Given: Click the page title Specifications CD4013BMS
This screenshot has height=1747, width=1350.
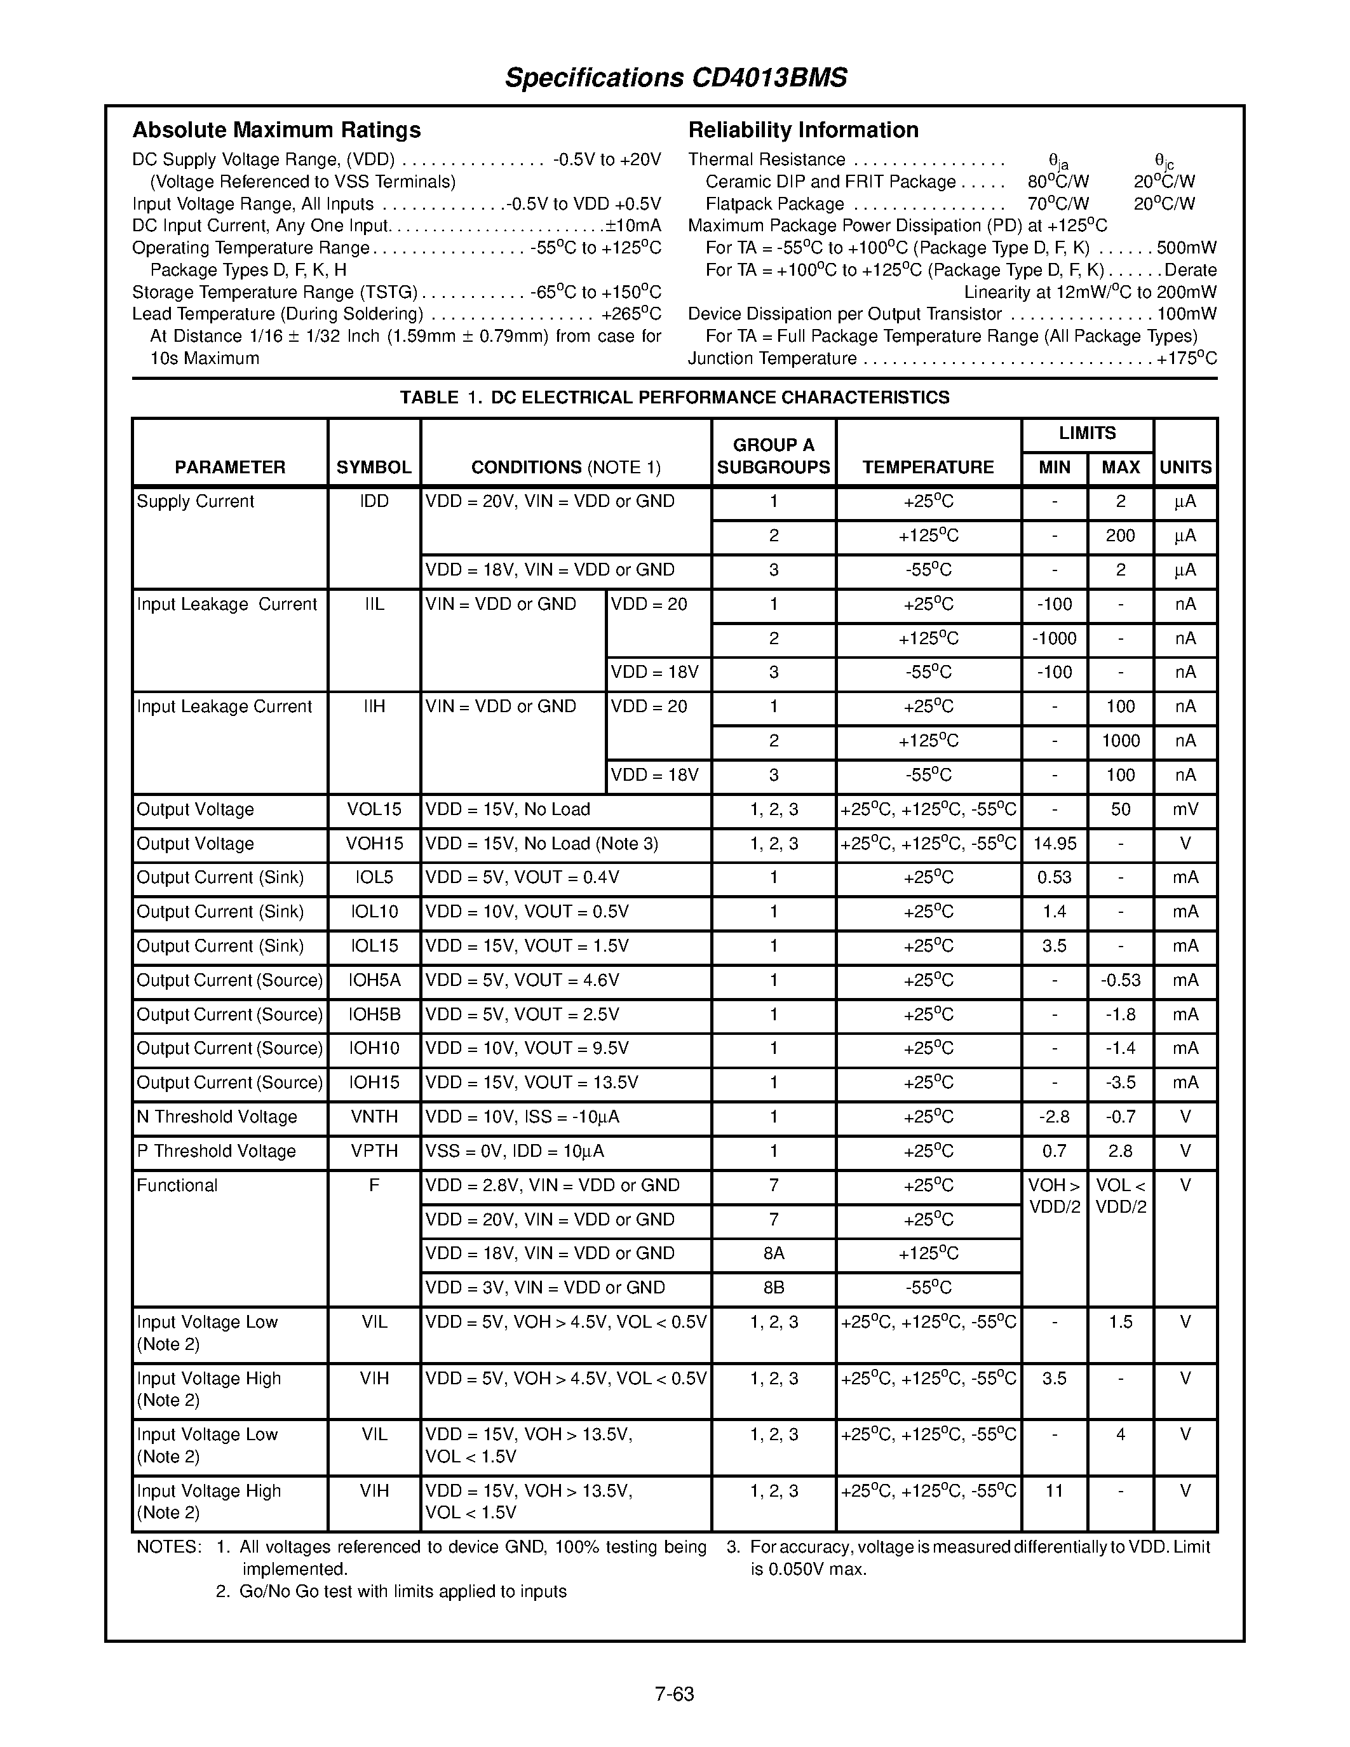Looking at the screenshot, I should (675, 78).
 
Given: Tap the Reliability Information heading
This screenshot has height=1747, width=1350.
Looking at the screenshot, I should (803, 130).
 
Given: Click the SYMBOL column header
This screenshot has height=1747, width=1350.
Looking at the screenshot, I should (374, 467).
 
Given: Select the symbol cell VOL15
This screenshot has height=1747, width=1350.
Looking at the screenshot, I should (374, 809).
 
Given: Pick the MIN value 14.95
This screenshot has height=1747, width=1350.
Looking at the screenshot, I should (1054, 844).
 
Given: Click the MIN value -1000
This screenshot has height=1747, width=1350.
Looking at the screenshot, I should (1054, 638).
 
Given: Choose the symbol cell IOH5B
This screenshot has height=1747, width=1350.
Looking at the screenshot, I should (374, 1015).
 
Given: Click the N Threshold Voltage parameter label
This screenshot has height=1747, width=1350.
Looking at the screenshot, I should (217, 1117).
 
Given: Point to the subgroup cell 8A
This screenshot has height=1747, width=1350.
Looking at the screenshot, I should (773, 1253).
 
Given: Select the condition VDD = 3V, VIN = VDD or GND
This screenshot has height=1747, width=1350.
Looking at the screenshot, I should (546, 1288).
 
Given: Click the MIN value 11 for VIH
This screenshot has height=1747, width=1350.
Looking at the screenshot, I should (1054, 1491).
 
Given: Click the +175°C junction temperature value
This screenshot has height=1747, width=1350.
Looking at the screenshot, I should (1186, 358).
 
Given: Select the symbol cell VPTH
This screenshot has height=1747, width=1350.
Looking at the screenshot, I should (374, 1151).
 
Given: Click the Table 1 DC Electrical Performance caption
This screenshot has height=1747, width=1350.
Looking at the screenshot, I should (674, 398).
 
